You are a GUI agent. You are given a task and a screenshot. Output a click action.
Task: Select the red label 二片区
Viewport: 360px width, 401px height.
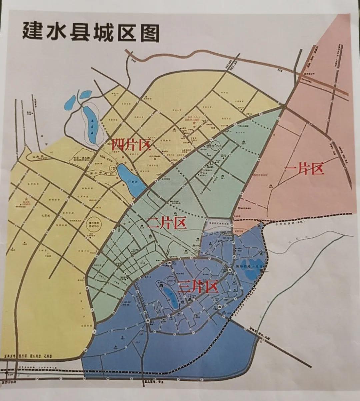(x=167, y=223)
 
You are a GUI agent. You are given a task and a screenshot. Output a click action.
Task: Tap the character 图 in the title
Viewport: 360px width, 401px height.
(x=149, y=32)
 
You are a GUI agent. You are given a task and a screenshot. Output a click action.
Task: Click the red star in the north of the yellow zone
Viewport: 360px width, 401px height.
(x=194, y=123)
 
